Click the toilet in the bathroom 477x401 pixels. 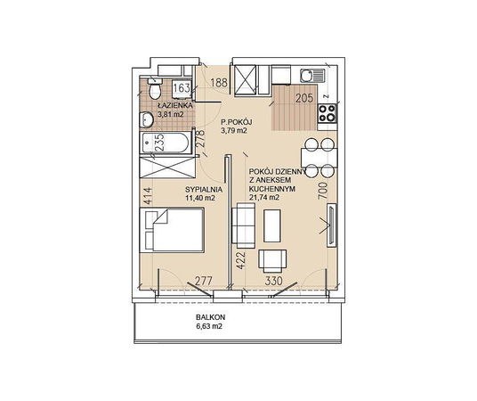(155, 88)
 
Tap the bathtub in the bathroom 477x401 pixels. (166, 143)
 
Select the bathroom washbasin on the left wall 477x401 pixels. (146, 119)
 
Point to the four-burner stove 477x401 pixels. (327, 113)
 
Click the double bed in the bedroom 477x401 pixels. (172, 230)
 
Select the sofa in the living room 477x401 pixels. (243, 225)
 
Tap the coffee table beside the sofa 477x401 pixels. (272, 225)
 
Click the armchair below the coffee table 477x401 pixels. (272, 261)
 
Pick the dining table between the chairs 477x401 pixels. (319, 158)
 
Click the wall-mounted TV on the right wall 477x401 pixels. (332, 225)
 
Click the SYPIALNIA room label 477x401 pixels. (204, 190)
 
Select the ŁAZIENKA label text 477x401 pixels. (175, 106)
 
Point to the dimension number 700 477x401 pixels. (323, 191)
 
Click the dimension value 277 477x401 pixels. (203, 281)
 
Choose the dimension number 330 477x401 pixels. (274, 281)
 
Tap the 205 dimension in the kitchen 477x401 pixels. (304, 98)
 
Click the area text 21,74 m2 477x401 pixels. (264, 198)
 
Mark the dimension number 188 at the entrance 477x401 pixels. (219, 83)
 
